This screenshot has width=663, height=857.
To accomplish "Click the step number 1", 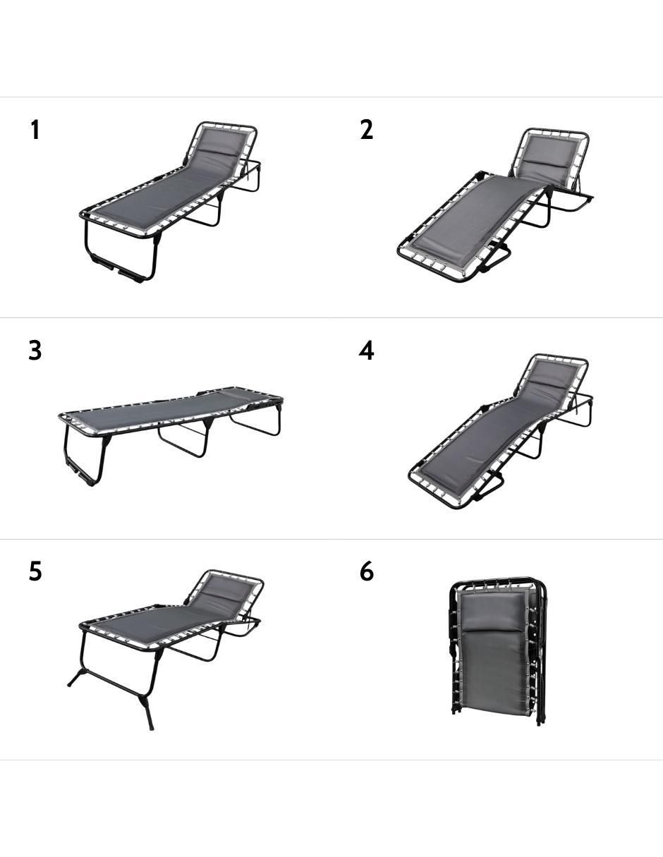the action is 35,130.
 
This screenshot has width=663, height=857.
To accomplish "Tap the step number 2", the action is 367,130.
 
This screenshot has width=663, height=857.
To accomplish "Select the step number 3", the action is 35,351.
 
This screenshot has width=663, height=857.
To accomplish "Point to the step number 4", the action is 367,351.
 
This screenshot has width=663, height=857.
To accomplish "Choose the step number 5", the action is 35,571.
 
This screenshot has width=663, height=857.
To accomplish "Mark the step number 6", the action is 367,571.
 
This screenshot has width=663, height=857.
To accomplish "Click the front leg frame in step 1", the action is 120,253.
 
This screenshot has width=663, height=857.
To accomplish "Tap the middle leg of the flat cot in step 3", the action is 186,437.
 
